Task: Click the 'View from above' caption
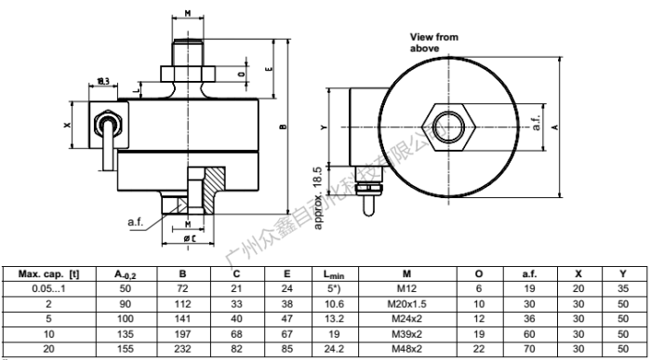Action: click(x=433, y=41)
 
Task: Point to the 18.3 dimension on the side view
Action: click(x=103, y=82)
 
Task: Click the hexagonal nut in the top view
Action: click(x=449, y=126)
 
